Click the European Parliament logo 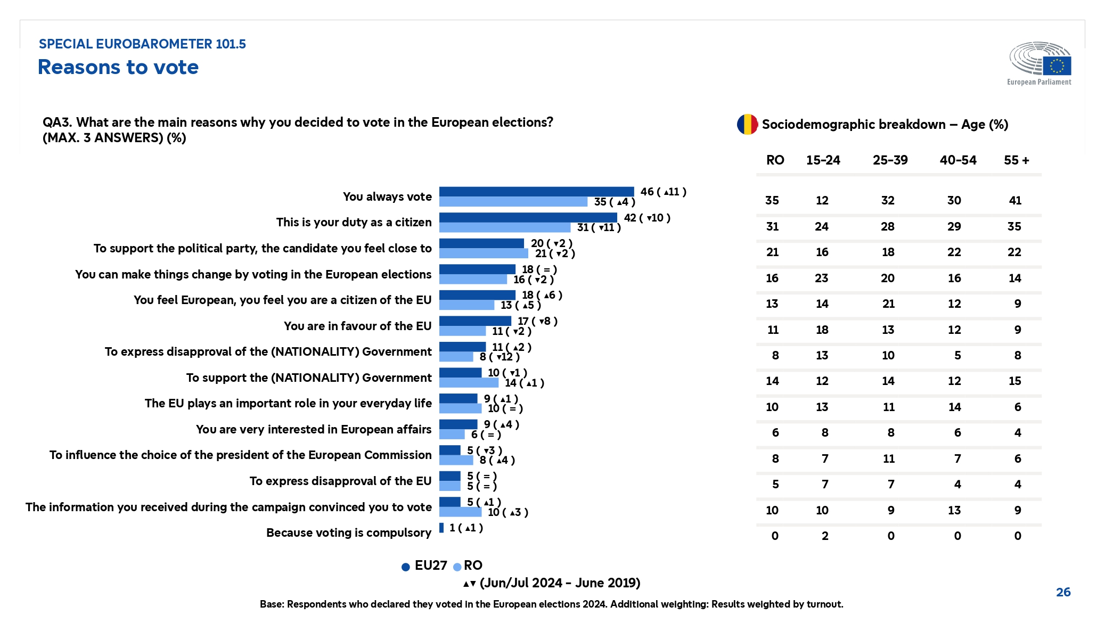(x=1040, y=63)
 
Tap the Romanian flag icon (x=747, y=125)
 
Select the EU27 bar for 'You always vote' (x=536, y=192)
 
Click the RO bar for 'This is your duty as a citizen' (x=504, y=227)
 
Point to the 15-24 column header (x=823, y=160)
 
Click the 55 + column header (x=1016, y=160)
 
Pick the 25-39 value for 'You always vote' (x=888, y=201)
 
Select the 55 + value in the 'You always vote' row (x=1015, y=201)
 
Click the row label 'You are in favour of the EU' (x=357, y=326)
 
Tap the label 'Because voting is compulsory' (x=349, y=532)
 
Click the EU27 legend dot (x=406, y=567)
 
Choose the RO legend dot (x=457, y=567)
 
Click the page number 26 (x=1063, y=592)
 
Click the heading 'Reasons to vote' (x=118, y=67)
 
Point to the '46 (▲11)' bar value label (x=663, y=192)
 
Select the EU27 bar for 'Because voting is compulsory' (x=441, y=528)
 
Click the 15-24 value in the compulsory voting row (x=824, y=536)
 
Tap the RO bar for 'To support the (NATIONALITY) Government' (x=469, y=383)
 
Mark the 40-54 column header (x=957, y=160)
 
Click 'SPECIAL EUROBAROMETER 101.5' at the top (x=142, y=44)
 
